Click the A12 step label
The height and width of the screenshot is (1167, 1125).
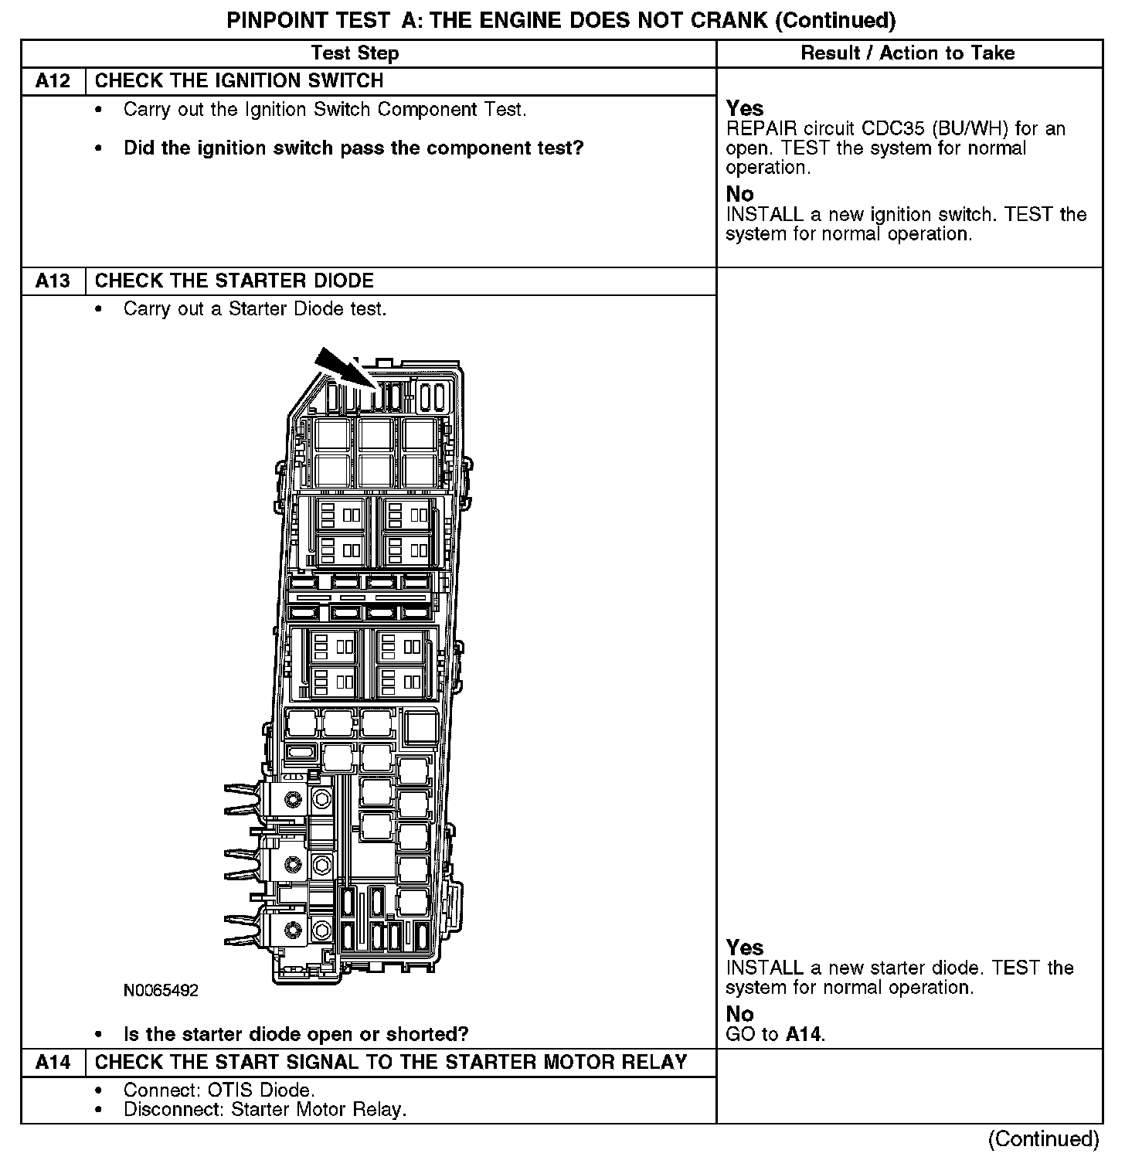(x=53, y=81)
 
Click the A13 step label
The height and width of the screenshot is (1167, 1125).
(x=53, y=281)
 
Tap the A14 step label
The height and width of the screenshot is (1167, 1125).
(x=53, y=1062)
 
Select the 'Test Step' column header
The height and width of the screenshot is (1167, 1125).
(x=355, y=53)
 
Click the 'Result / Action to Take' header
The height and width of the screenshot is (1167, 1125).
(x=908, y=53)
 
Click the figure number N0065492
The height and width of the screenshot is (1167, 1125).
(x=161, y=990)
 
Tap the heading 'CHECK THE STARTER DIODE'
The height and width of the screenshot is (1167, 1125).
(x=234, y=281)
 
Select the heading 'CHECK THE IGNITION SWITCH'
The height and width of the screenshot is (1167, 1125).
(x=239, y=81)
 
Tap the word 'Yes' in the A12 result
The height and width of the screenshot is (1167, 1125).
(x=745, y=109)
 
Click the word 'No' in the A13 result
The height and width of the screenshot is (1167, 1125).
(x=739, y=1014)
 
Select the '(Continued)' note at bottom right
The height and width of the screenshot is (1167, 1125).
(x=1043, y=1138)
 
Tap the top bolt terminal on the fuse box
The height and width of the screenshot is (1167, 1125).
(x=293, y=798)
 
